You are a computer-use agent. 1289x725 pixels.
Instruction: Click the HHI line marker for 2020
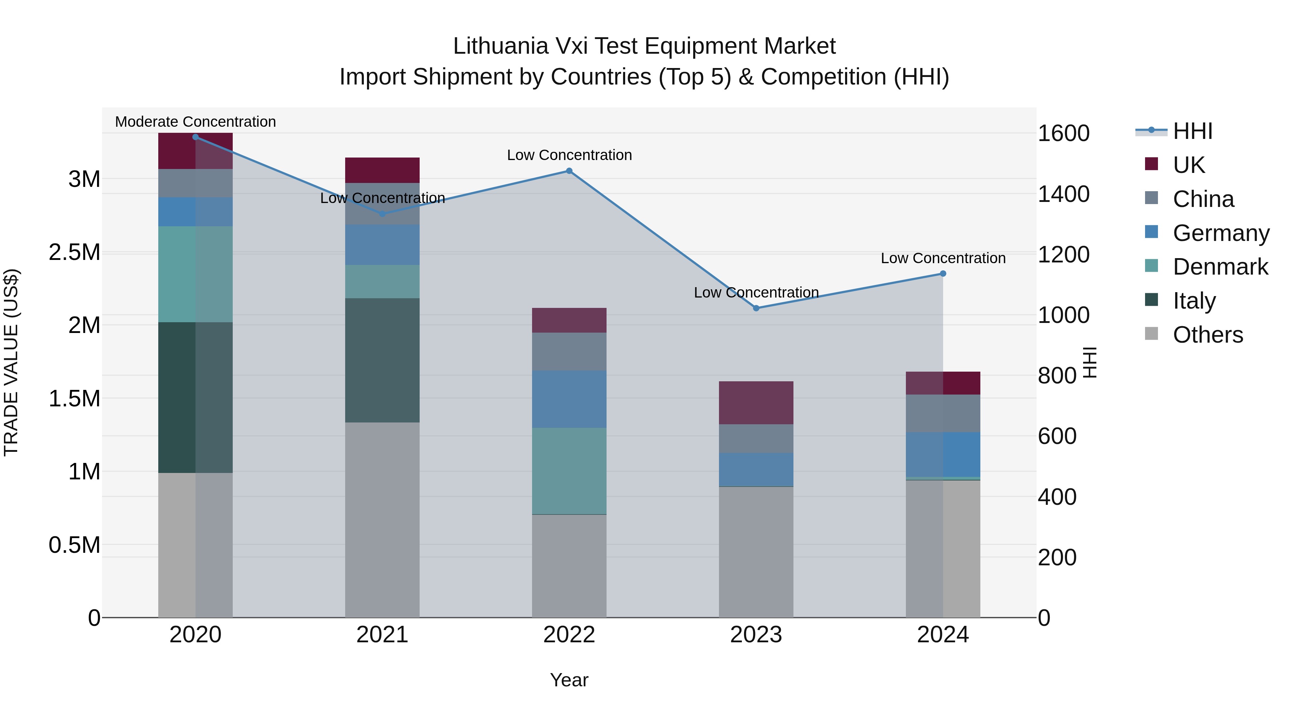pos(195,137)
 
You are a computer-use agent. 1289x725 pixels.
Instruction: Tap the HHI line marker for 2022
pos(569,171)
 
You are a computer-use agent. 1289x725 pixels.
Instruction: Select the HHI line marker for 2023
pos(756,308)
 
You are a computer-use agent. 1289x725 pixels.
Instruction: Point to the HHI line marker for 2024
pos(943,274)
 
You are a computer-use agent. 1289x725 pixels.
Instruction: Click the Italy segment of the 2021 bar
pos(382,360)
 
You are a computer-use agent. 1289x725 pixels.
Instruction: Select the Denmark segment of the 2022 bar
pos(569,470)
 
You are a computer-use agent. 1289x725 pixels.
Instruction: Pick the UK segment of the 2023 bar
pos(756,403)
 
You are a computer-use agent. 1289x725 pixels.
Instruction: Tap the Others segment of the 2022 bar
pos(569,565)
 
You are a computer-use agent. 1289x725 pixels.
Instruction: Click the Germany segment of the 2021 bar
pos(382,245)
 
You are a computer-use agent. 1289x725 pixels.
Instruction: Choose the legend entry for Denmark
pos(1220,267)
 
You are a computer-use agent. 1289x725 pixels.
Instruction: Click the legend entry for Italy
pos(1194,301)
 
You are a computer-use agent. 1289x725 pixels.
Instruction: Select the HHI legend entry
pos(1192,131)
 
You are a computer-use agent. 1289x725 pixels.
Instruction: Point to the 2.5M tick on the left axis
pos(74,252)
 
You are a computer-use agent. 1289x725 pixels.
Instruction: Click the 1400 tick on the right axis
pos(1063,194)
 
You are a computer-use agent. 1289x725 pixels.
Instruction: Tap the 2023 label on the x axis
pos(756,635)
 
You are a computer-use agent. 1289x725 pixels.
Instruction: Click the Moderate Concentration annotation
pos(195,122)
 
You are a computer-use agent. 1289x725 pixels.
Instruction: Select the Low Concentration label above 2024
pos(943,258)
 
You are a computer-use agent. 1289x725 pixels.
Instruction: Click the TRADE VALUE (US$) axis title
pos(11,362)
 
